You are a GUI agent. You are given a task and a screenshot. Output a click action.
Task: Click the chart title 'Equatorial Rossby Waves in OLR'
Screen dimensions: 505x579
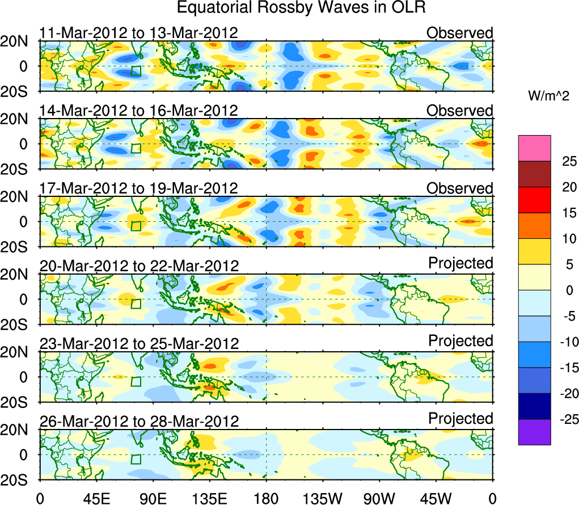point(301,8)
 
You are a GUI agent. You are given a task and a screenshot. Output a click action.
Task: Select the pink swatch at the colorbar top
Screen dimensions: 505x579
point(534,149)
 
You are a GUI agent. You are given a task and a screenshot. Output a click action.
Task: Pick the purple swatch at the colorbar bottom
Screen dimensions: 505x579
point(534,431)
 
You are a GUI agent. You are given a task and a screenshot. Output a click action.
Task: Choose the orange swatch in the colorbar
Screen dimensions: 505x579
point(534,225)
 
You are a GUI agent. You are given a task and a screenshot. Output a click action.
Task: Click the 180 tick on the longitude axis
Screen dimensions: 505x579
point(266,499)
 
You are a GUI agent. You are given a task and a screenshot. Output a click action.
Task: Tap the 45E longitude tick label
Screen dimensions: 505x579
point(96,499)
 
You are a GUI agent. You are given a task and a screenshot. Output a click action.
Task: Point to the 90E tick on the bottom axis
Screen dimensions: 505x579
point(153,499)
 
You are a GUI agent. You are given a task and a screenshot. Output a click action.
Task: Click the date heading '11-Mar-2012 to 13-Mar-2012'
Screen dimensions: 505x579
point(138,33)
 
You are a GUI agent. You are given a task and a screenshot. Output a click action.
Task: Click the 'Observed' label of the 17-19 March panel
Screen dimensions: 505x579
point(459,188)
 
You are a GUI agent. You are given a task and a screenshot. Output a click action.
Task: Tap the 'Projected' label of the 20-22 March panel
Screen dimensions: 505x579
point(460,263)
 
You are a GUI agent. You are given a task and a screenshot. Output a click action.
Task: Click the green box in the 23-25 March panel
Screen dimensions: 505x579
point(136,381)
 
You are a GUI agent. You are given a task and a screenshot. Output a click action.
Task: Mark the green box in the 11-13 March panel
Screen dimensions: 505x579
point(136,71)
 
